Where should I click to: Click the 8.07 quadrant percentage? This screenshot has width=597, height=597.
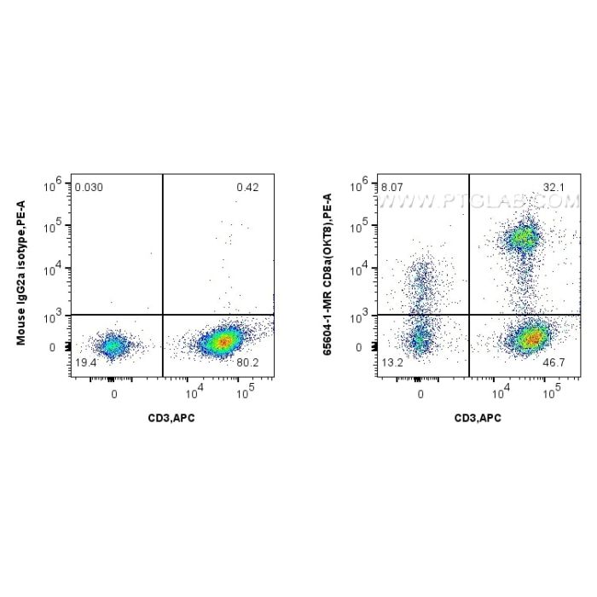(x=393, y=186)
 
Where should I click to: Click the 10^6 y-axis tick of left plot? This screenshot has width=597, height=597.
(x=55, y=183)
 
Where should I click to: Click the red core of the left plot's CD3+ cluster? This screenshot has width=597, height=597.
(x=223, y=341)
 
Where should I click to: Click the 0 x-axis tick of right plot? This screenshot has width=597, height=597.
(x=420, y=394)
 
